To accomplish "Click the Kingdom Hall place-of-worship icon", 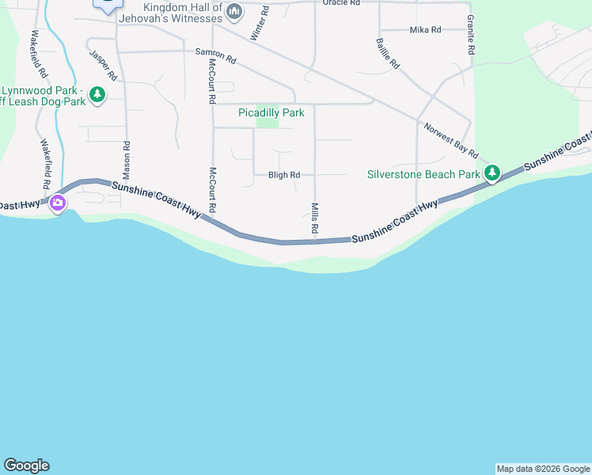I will (x=233, y=11).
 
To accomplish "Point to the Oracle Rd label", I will (x=342, y=3).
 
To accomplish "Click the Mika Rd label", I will (x=425, y=30).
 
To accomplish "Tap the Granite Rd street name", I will (x=471, y=34).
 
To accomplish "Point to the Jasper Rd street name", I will (x=104, y=66).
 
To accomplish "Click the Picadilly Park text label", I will (x=271, y=113).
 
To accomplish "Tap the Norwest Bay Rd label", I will (x=451, y=140).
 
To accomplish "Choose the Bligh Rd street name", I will (x=284, y=175).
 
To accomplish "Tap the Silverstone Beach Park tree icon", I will (x=492, y=173).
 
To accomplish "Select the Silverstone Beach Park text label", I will (x=424, y=174).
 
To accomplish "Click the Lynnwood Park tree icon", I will (x=97, y=96).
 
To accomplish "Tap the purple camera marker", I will (x=57, y=204).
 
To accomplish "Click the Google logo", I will (x=26, y=465).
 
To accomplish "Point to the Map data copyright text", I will (x=543, y=469).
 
